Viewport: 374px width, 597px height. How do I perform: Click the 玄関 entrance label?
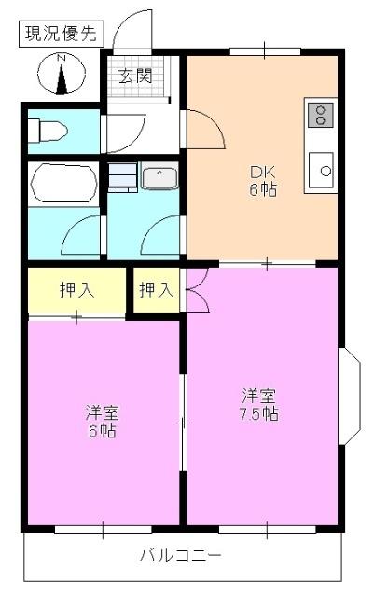pos(135,76)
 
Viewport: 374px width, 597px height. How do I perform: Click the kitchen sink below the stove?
pos(321,171)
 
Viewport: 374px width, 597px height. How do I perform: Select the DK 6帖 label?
pos(261,179)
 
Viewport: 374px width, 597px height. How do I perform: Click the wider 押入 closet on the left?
pos(76,290)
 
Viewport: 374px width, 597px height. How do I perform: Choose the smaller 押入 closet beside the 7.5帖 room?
pos(156,290)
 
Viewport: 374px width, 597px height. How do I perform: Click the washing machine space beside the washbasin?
pos(122,177)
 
